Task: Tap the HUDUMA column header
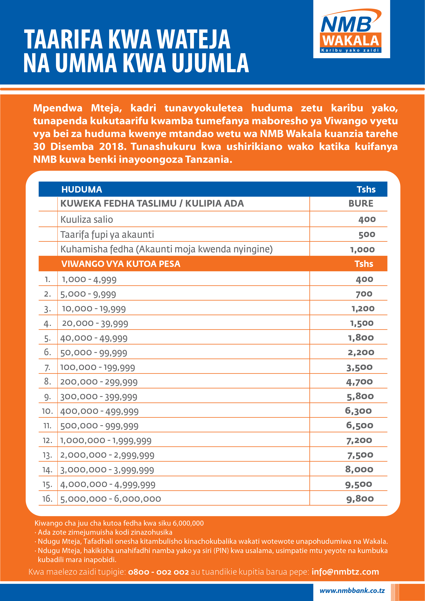(82, 189)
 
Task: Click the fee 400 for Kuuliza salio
(367, 219)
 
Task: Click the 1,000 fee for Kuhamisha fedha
(362, 249)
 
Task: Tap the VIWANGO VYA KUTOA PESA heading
(121, 264)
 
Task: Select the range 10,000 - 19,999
(94, 309)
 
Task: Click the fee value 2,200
(361, 352)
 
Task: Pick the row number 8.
(47, 381)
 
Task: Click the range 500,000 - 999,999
(99, 426)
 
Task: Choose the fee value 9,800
(360, 499)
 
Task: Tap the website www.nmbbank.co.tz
(352, 591)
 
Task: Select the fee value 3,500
(359, 367)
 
